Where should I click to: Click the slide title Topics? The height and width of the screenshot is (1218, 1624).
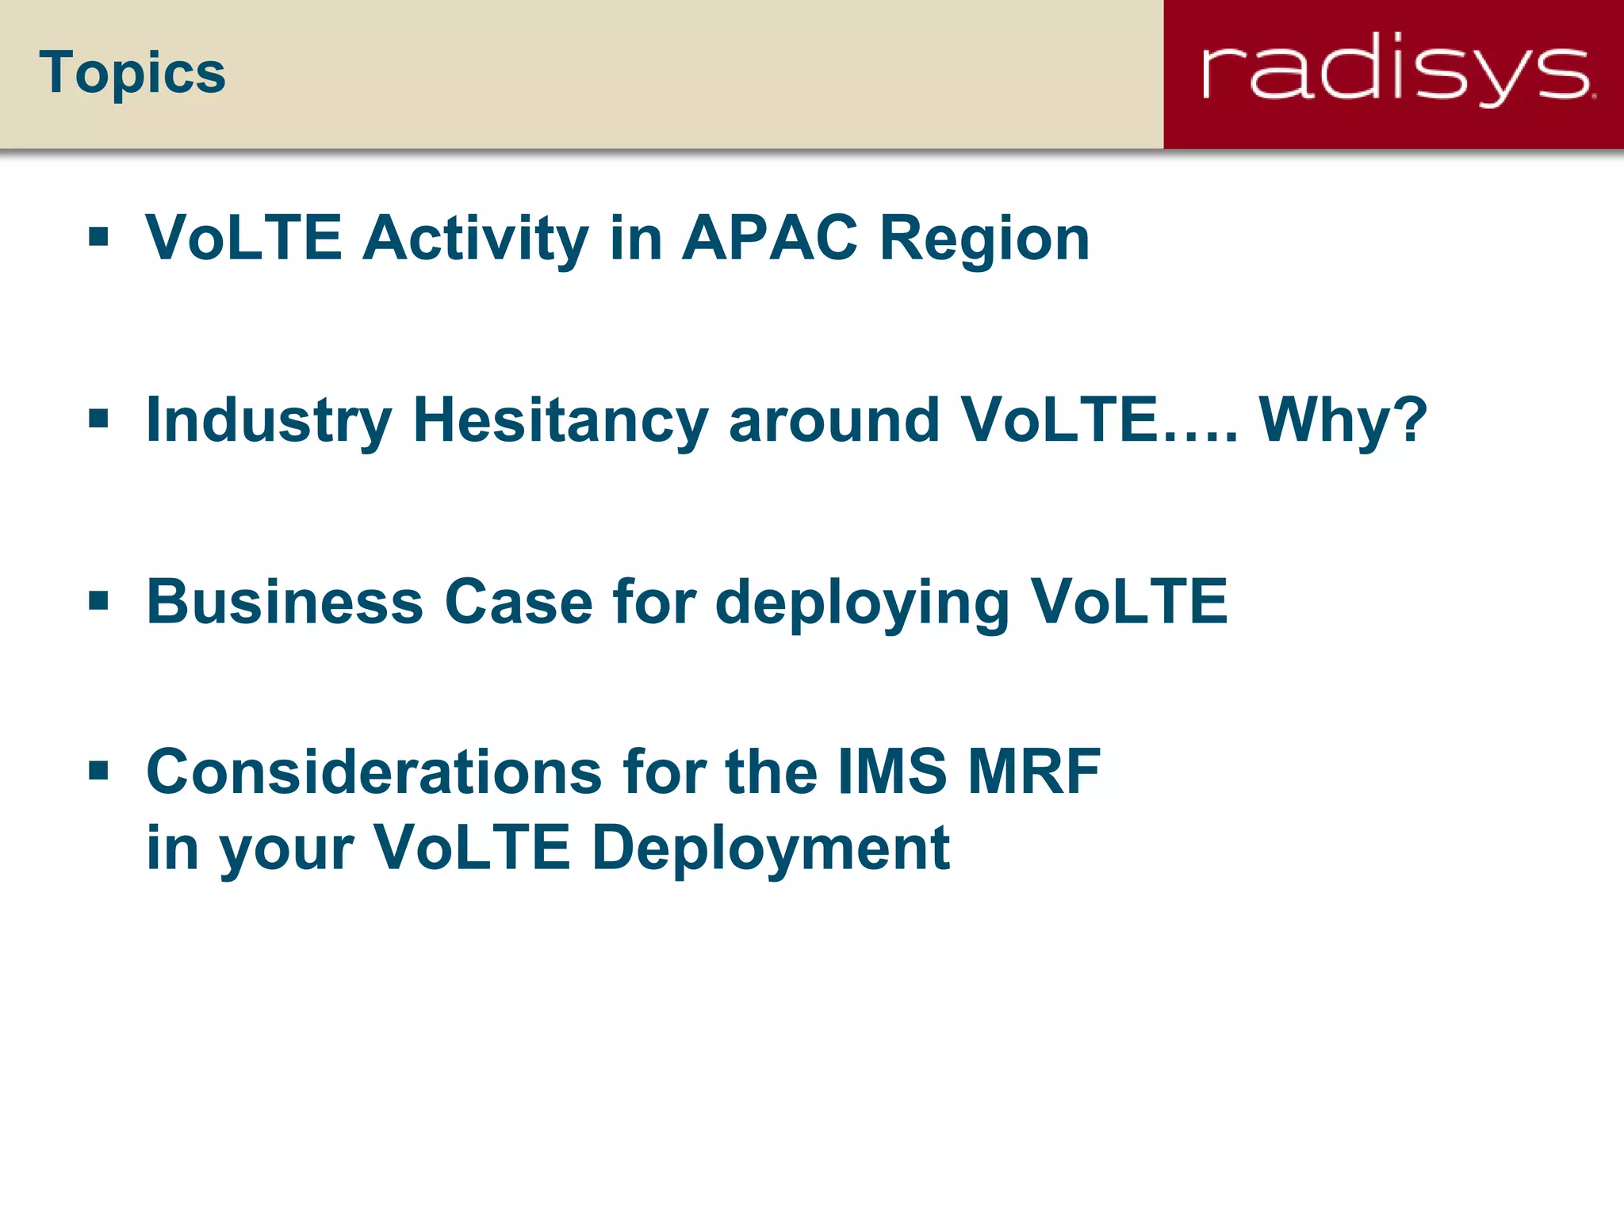click(x=132, y=74)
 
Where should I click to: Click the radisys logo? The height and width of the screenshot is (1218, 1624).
click(x=1397, y=73)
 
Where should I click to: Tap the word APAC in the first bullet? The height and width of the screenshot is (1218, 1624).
click(x=770, y=238)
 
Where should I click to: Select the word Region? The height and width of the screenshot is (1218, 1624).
click(x=985, y=239)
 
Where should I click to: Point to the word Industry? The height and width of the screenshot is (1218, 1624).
click(x=269, y=420)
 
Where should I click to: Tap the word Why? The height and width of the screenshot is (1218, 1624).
click(x=1343, y=420)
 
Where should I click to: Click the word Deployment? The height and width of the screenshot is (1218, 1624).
click(x=771, y=848)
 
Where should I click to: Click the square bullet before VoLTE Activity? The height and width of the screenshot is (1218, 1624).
click(x=98, y=237)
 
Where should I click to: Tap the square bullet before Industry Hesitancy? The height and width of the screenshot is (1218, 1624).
click(x=98, y=419)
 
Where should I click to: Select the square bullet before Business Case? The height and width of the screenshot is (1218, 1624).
click(x=98, y=601)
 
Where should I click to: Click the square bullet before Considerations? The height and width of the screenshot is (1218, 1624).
click(x=98, y=771)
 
